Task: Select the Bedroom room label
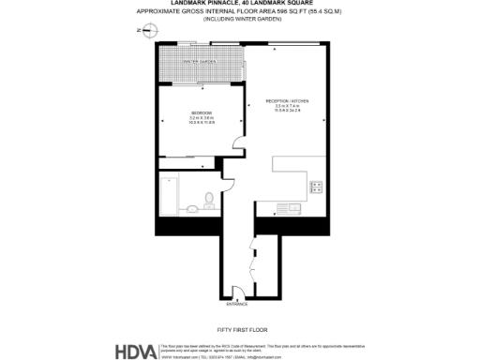pyautogui.click(x=202, y=112)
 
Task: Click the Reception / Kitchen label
pyautogui.click(x=287, y=100)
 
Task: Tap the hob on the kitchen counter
pyautogui.click(x=317, y=186)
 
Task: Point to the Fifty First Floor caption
pyautogui.click(x=239, y=329)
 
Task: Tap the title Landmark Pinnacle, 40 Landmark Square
pyautogui.click(x=240, y=4)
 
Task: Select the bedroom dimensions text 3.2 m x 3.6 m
pyautogui.click(x=202, y=118)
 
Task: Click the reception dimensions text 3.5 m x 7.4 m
pyautogui.click(x=287, y=106)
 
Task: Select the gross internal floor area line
pyautogui.click(x=240, y=11)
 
